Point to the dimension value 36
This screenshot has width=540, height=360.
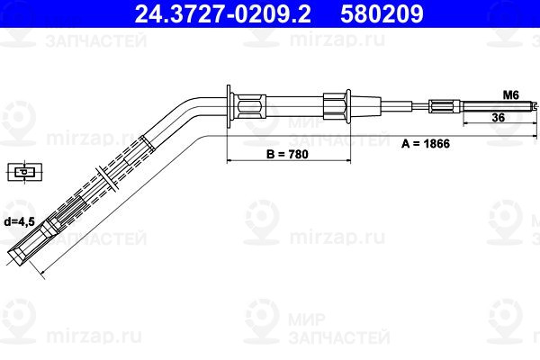tap(497, 118)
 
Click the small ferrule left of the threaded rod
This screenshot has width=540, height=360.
tap(445, 106)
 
